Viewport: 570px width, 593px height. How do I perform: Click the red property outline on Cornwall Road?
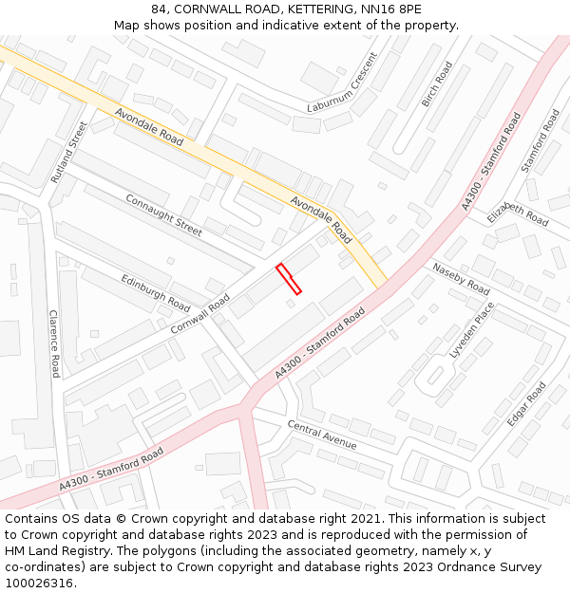(x=289, y=279)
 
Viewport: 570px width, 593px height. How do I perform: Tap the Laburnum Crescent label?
(x=343, y=95)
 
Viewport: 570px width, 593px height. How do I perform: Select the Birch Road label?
(x=437, y=84)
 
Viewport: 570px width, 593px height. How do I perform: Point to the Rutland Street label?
(x=68, y=152)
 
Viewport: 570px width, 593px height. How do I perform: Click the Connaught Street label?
(x=163, y=215)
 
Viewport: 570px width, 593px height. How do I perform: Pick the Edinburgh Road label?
(x=155, y=293)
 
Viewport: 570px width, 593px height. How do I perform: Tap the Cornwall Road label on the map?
(x=200, y=313)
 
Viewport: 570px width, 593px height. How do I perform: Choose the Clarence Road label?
(x=54, y=343)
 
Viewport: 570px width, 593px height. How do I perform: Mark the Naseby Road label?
(x=461, y=278)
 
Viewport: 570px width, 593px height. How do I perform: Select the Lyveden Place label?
(x=472, y=329)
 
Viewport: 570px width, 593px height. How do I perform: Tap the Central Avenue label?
(x=322, y=435)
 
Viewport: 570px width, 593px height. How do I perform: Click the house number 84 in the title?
(x=159, y=9)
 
